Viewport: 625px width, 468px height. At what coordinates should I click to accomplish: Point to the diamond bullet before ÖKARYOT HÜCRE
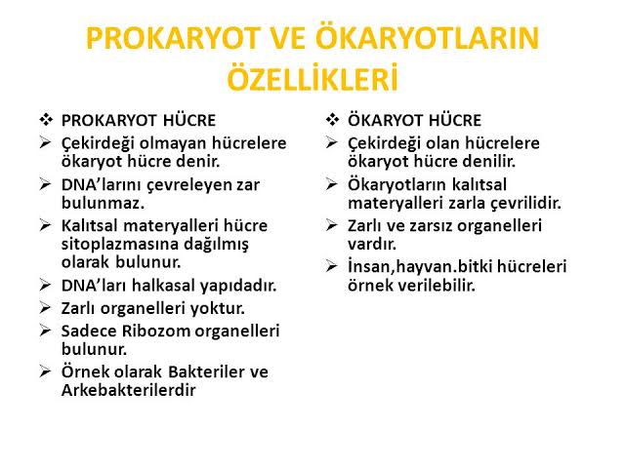point(333,121)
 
